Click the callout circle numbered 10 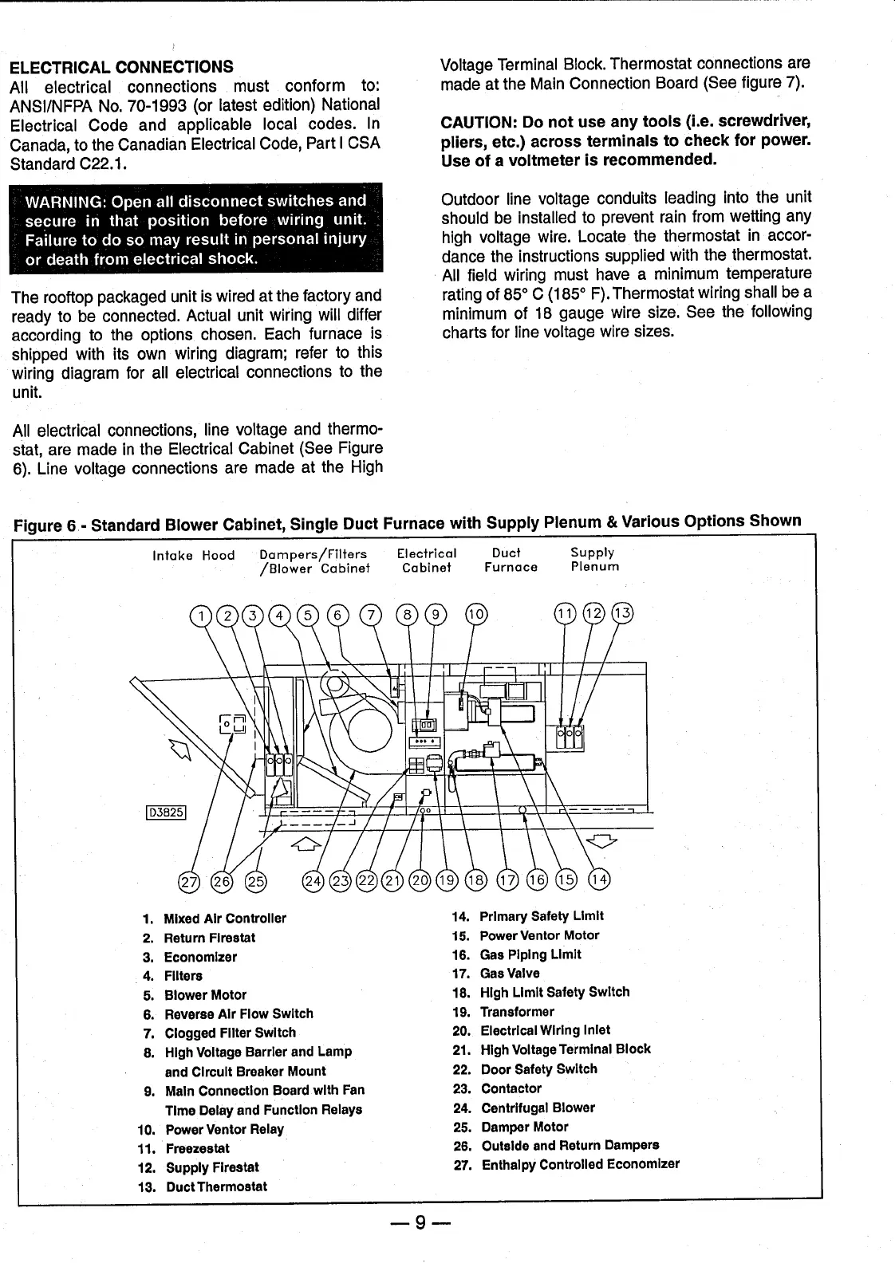(475, 614)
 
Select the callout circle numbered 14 (598, 879)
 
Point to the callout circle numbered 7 (371, 614)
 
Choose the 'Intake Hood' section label (193, 556)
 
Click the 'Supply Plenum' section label (594, 560)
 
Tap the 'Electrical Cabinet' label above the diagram (427, 560)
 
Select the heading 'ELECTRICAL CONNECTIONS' (121, 67)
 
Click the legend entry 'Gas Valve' (509, 974)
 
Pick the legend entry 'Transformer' (516, 1012)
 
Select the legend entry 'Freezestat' (197, 1148)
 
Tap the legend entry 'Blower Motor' (205, 995)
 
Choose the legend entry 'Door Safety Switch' (538, 1069)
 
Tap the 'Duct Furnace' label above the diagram (511, 560)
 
